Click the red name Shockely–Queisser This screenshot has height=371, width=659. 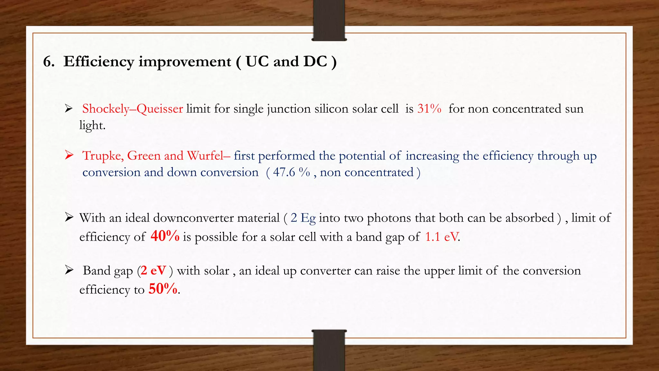point(133,109)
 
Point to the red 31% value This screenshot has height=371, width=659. point(429,109)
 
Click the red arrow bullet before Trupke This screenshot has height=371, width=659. point(69,155)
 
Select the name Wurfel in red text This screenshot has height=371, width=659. point(206,156)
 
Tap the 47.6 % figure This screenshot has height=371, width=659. point(292,172)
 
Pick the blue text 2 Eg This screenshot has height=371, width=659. point(303,218)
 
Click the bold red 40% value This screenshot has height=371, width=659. point(165,236)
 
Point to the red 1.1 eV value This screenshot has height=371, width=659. point(442,237)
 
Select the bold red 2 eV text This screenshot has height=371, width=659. point(153,271)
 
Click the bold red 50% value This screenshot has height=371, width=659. point(163,289)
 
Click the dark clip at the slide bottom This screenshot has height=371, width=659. point(329,350)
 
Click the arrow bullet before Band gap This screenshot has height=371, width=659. point(69,270)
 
